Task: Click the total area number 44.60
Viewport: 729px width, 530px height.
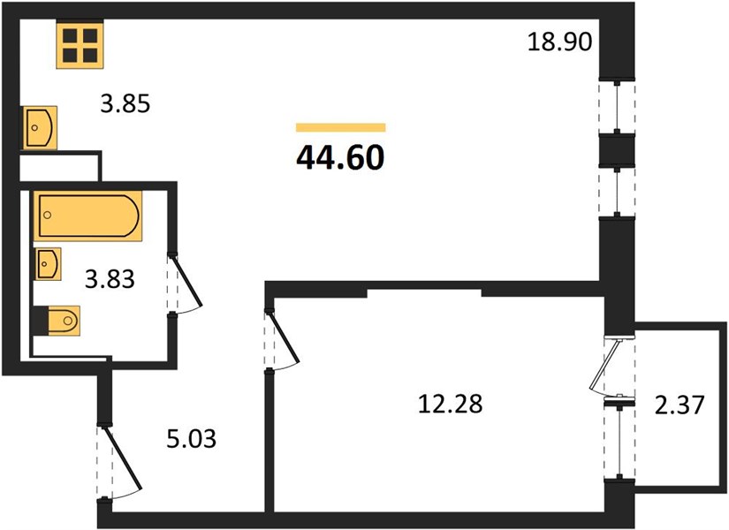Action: pyautogui.click(x=340, y=157)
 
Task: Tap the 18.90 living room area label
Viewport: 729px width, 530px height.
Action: pyautogui.click(x=559, y=42)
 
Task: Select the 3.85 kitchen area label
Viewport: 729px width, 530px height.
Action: pyautogui.click(x=125, y=103)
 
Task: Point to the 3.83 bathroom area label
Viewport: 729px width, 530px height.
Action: pyautogui.click(x=110, y=279)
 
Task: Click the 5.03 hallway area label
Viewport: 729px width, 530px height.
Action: pyautogui.click(x=192, y=438)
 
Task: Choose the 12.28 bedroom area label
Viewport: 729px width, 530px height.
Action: pyautogui.click(x=451, y=403)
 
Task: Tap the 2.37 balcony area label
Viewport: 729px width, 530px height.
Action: pyautogui.click(x=680, y=404)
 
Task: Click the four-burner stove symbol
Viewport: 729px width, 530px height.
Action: pyautogui.click(x=80, y=45)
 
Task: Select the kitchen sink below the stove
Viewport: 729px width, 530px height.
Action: pyautogui.click(x=40, y=127)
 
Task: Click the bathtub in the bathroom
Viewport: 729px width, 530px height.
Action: pyautogui.click(x=87, y=216)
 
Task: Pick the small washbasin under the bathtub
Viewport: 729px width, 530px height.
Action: pyautogui.click(x=49, y=263)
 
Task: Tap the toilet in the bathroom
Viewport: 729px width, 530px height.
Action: pyautogui.click(x=57, y=321)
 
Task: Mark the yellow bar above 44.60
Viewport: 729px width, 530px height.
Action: pyautogui.click(x=341, y=127)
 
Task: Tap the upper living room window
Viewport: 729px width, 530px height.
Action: pyautogui.click(x=617, y=107)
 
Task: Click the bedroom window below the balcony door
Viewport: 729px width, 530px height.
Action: pyautogui.click(x=619, y=440)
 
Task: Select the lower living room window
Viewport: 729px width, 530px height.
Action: pyautogui.click(x=617, y=192)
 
